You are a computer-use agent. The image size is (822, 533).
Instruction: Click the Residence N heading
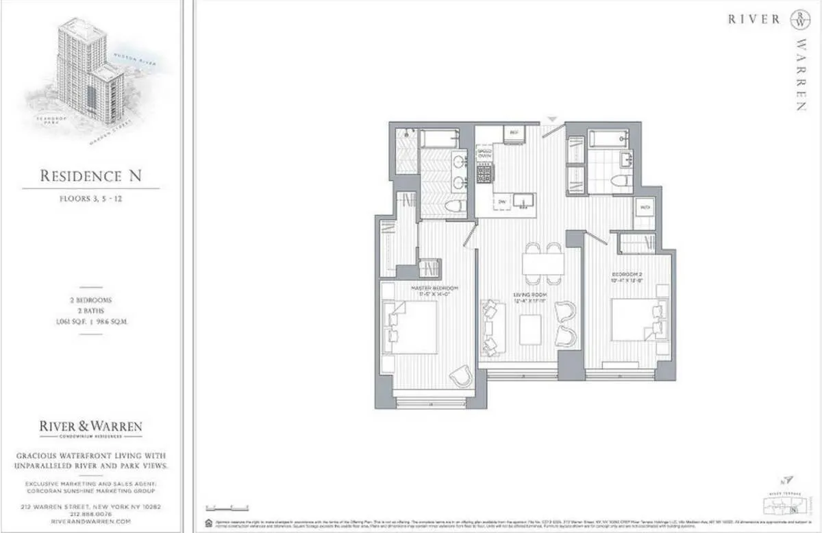coord(91,175)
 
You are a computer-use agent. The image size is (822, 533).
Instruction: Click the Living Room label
coord(530,297)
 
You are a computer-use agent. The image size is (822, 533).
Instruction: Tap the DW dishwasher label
coord(502,201)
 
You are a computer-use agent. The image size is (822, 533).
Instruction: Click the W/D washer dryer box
coord(645,206)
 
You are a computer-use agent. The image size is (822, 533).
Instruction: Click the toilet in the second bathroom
coord(621,182)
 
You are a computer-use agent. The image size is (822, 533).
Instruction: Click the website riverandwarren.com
coord(91,521)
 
